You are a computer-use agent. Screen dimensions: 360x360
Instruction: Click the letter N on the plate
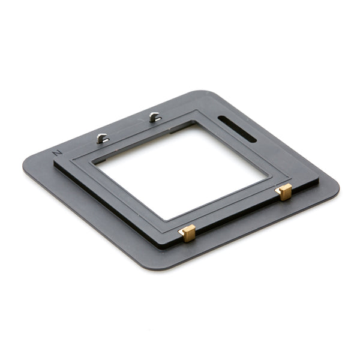point(58,152)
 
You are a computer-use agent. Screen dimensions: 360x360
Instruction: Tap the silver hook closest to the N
point(102,139)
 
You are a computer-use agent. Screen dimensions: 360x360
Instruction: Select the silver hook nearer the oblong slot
point(155,117)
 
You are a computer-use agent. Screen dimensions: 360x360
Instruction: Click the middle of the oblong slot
point(237,128)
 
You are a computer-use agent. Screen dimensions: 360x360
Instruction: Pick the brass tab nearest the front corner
point(188,233)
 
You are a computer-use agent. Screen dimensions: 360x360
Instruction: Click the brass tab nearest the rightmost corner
point(284,192)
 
